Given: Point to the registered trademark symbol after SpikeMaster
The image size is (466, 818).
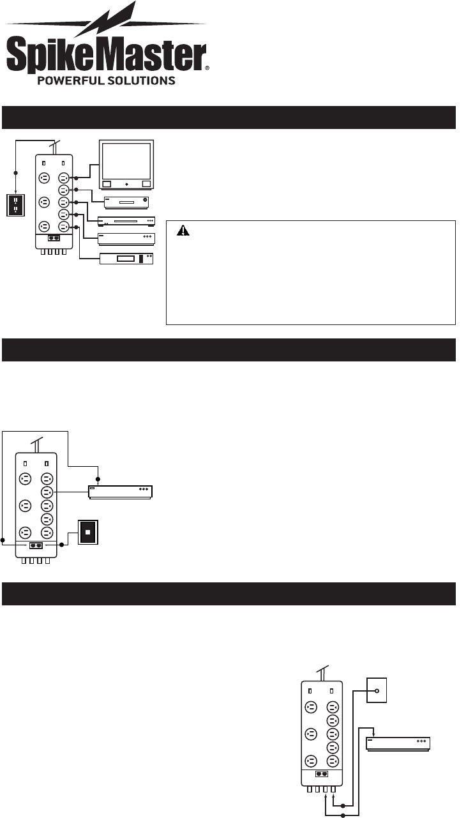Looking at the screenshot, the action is point(206,66).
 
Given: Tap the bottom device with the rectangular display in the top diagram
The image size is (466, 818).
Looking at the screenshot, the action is point(126,259).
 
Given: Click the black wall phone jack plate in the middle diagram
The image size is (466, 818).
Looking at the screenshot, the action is point(87,531).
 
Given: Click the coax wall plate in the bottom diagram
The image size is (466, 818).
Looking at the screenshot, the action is point(377,690).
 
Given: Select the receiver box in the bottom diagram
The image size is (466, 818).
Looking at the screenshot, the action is point(398,743).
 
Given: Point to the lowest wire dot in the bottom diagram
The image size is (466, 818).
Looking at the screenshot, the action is point(343,815).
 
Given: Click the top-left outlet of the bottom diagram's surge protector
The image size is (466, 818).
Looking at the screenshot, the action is point(310,707).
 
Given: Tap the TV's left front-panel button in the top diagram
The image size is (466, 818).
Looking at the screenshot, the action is point(107,184).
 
